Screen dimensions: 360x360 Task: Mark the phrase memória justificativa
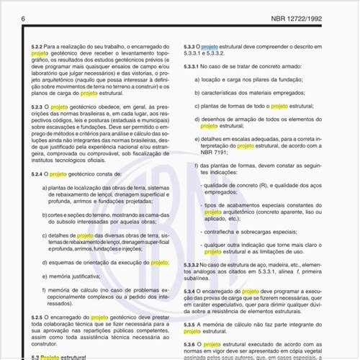[76, 276]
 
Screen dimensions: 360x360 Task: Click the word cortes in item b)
[63, 215]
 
